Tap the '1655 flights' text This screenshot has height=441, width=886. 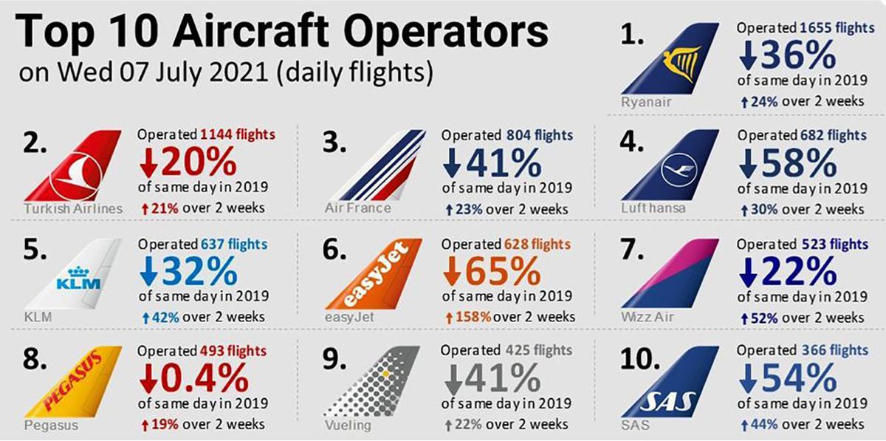[837, 28]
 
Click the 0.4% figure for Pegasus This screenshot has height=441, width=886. [205, 378]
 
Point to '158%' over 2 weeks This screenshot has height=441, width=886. [473, 317]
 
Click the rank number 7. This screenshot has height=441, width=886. [632, 250]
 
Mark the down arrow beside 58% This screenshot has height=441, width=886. [748, 163]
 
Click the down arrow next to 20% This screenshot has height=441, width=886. [148, 163]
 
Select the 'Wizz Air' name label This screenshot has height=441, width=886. [647, 317]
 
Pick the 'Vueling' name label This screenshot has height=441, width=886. [348, 425]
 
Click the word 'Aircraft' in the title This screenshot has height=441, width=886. [250, 31]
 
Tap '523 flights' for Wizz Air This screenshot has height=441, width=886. [835, 245]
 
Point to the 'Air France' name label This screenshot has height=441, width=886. [358, 208]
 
